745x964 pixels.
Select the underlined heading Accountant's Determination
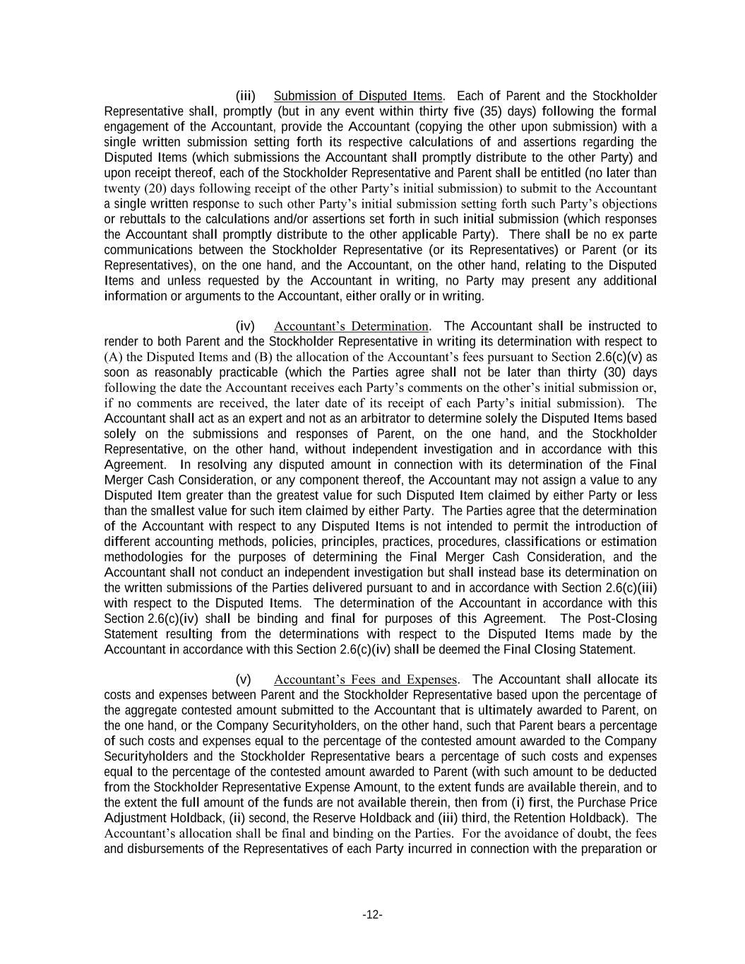click(351, 326)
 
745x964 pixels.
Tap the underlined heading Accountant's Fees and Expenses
click(366, 680)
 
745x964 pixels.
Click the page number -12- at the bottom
click(372, 915)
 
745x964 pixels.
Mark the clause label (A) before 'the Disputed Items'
click(113, 357)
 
